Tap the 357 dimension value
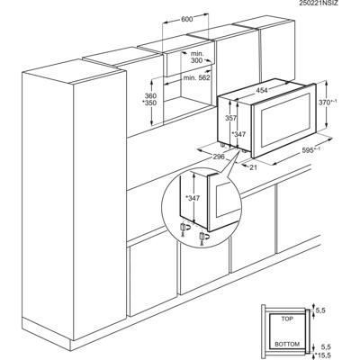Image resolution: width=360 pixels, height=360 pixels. [230, 118]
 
